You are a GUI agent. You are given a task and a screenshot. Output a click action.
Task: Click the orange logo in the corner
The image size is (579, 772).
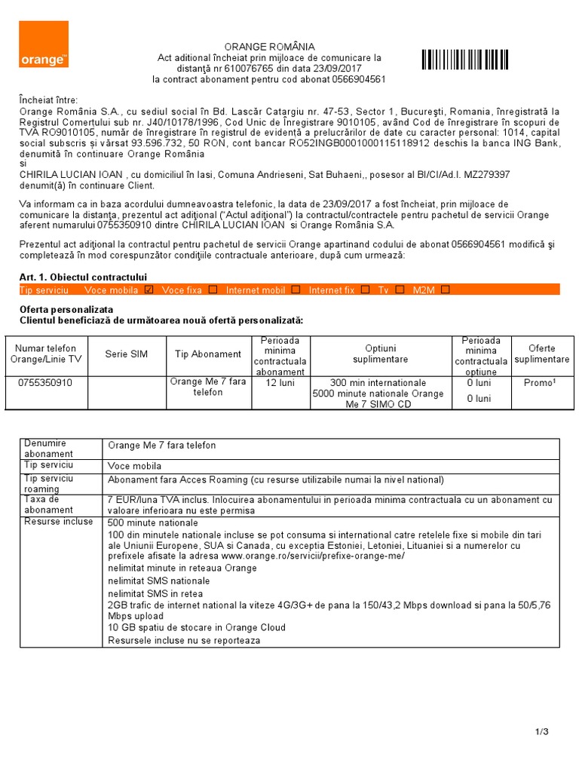coord(44,44)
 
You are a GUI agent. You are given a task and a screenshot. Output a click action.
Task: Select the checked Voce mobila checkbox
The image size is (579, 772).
coord(149,289)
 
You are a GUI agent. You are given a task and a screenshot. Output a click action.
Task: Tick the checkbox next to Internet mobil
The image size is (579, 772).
coord(296,289)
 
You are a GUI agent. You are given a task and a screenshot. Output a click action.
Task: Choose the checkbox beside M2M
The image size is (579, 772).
coord(446,289)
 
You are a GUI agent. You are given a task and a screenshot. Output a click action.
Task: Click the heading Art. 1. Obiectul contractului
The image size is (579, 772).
coord(83,277)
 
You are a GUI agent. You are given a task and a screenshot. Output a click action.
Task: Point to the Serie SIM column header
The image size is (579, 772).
coord(127,354)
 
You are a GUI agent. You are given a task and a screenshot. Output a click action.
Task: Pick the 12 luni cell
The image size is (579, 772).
coord(280,383)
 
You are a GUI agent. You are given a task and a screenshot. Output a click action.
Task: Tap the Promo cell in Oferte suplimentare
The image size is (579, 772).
coord(540,383)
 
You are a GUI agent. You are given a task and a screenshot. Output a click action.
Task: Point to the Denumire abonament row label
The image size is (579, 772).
coord(48,449)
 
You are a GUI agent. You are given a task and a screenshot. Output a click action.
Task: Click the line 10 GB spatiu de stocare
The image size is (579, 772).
coord(197,627)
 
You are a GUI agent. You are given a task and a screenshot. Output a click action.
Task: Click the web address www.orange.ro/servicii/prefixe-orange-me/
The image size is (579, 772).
coord(316,556)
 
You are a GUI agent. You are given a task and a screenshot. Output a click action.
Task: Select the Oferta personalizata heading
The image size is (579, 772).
coord(66,310)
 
